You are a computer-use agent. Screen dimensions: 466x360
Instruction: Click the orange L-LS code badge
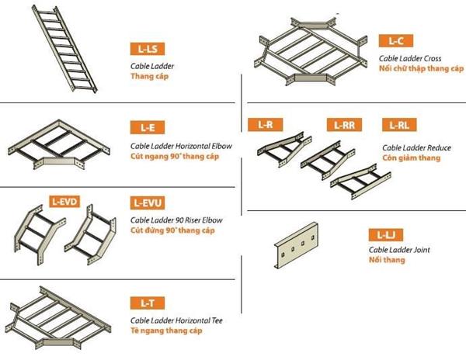(148, 49)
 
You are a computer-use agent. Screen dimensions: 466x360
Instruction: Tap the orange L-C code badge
(396, 40)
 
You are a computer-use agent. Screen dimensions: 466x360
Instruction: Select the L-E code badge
(148, 127)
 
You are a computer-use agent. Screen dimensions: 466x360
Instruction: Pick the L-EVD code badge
(64, 202)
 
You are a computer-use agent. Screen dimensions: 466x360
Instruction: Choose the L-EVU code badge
(148, 203)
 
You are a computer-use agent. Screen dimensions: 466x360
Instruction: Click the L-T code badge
(148, 303)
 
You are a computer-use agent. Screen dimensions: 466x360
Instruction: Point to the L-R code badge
(266, 125)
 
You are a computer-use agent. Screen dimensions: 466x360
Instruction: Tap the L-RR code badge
(344, 125)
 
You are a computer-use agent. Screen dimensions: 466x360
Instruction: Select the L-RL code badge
(399, 125)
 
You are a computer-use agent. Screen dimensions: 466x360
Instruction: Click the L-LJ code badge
(386, 235)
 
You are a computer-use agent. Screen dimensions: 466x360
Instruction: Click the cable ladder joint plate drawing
(296, 245)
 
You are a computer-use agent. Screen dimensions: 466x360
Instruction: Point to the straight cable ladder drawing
(64, 48)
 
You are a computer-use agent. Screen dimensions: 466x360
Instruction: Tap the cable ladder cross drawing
(311, 52)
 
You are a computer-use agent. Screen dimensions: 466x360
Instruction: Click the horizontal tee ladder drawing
(58, 317)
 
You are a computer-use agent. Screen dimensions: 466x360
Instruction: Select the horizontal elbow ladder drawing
(59, 144)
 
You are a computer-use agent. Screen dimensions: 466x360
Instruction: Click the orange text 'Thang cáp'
(149, 76)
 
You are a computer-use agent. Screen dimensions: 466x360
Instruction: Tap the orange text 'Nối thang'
(387, 260)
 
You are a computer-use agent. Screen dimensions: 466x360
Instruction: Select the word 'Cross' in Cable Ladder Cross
(433, 58)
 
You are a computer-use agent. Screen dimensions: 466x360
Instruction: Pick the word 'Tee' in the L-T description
(217, 320)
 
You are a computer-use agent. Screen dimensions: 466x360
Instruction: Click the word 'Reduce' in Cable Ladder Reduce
(439, 147)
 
